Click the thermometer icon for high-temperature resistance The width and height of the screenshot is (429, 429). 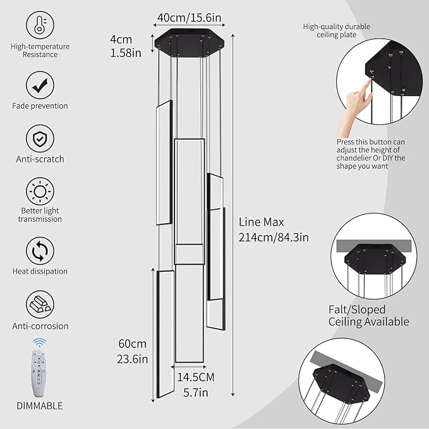[39, 25]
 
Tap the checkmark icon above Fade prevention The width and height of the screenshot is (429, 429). [39, 83]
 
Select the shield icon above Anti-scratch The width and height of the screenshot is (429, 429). [39, 137]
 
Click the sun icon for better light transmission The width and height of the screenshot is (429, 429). [39, 191]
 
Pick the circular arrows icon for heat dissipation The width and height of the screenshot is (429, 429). [39, 250]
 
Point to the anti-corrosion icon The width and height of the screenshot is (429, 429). [39, 305]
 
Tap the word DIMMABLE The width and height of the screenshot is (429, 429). [39, 406]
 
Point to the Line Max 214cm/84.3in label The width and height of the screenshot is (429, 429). [273, 229]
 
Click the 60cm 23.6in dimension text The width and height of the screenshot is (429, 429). [133, 351]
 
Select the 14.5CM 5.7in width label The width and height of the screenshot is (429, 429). [195, 384]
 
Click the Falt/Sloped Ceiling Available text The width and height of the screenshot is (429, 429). [368, 315]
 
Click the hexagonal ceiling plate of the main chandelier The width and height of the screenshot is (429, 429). [188, 44]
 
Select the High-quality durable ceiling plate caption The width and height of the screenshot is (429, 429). [336, 30]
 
